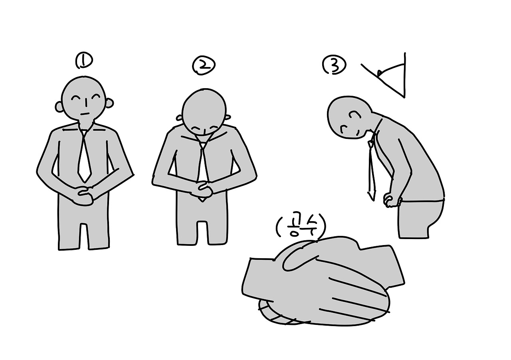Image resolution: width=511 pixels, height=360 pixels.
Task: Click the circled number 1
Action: pos(84,60)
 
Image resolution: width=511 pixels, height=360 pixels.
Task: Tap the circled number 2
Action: pos(204,66)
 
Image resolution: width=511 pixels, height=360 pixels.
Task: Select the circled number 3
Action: pos(334,65)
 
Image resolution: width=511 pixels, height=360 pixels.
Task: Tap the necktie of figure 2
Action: pos(203,164)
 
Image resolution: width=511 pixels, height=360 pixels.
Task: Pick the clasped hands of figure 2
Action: pos(203,191)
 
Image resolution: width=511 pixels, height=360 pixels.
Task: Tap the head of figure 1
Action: pos(84,98)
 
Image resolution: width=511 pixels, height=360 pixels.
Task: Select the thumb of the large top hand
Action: pos(299,259)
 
